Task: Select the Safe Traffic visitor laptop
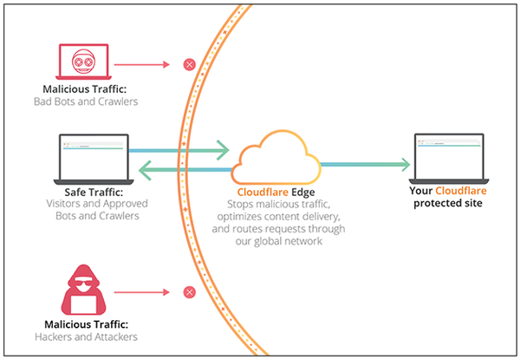(x=93, y=156)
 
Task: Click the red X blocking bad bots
(x=188, y=64)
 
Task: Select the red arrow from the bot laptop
(x=142, y=64)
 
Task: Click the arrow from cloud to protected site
(x=364, y=162)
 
